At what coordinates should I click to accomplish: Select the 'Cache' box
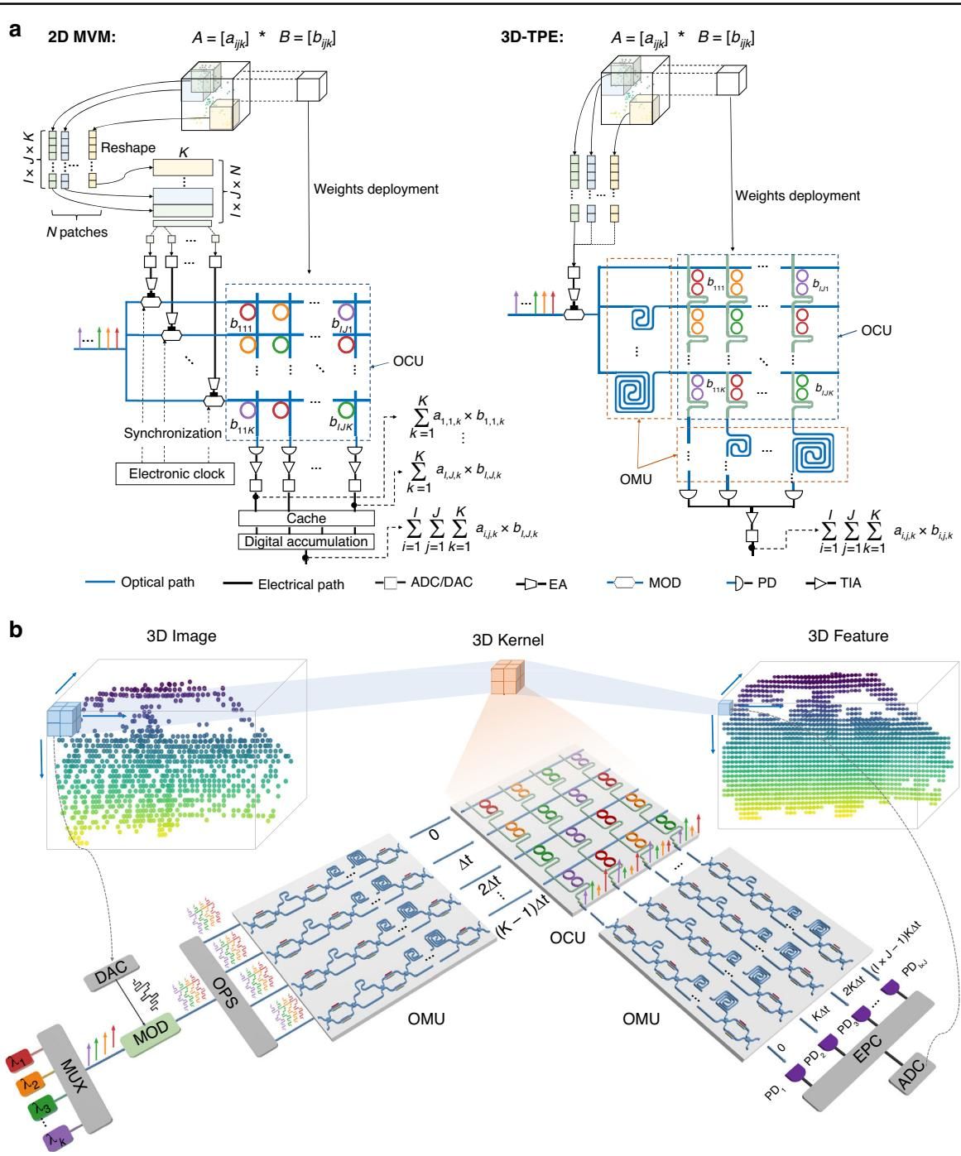point(306,519)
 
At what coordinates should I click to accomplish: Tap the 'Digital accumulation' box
point(306,541)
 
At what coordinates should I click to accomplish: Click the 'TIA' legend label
point(849,583)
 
